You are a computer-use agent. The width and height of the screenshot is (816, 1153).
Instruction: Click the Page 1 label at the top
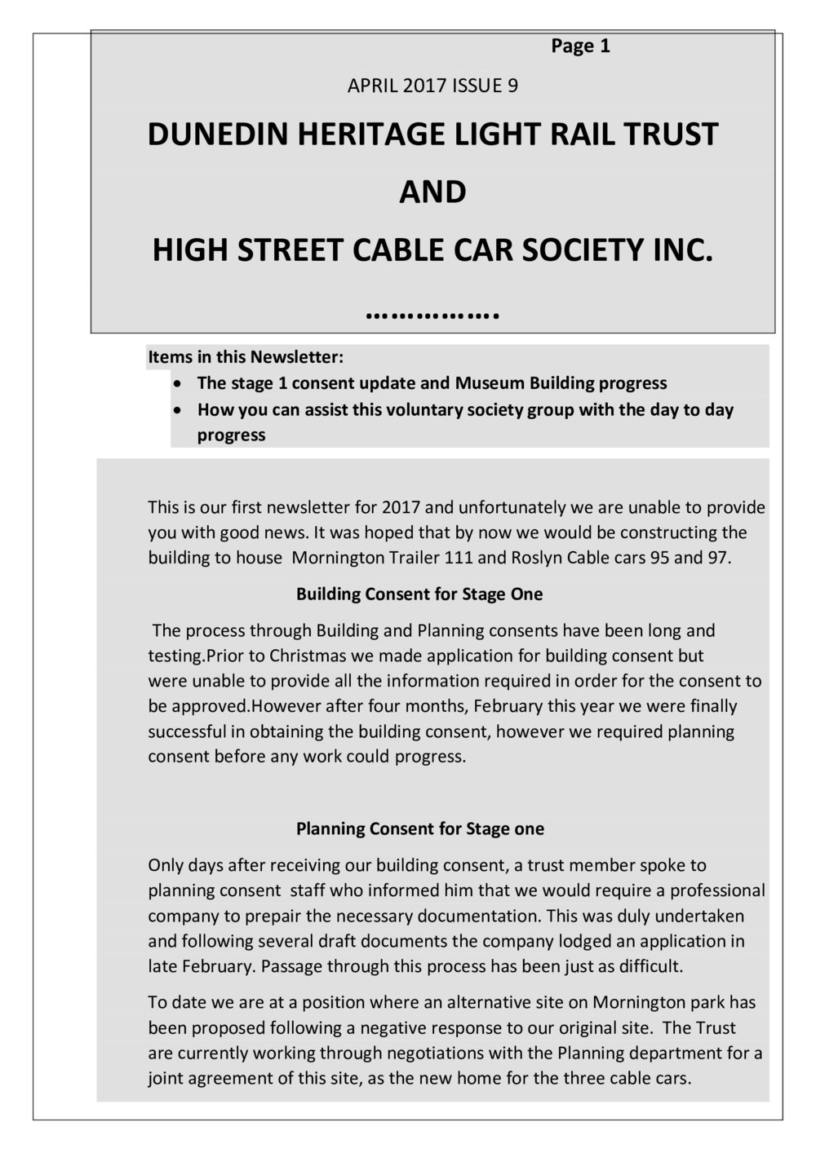pyautogui.click(x=580, y=46)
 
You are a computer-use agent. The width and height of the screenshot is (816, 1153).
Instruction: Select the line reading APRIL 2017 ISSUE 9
pyautogui.click(x=432, y=86)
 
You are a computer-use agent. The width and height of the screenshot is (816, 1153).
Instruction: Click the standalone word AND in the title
pyautogui.click(x=432, y=192)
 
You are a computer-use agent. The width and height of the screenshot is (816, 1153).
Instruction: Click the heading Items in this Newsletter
pyautogui.click(x=246, y=357)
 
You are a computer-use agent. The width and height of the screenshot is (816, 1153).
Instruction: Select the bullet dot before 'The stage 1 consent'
pyautogui.click(x=177, y=383)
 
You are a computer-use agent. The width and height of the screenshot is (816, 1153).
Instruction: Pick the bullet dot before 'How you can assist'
pyautogui.click(x=177, y=409)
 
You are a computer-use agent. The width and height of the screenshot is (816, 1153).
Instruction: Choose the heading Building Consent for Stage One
pyautogui.click(x=419, y=594)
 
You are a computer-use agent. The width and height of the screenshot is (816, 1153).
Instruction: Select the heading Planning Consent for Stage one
pyautogui.click(x=419, y=829)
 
